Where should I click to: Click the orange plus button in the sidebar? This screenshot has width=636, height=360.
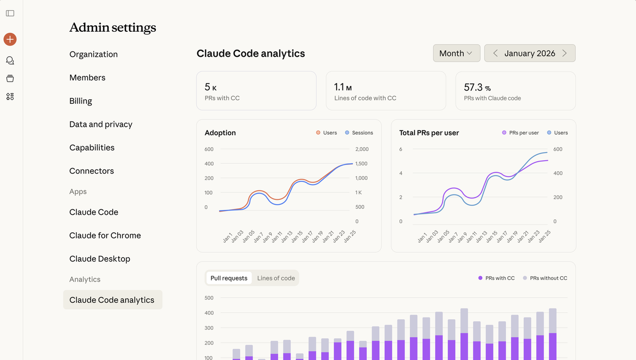click(x=10, y=39)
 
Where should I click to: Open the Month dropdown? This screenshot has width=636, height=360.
click(x=456, y=53)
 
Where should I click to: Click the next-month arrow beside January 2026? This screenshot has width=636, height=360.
click(x=564, y=53)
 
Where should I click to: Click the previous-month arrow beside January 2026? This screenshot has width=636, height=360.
click(x=495, y=53)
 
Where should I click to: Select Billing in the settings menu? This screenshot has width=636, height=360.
click(x=81, y=101)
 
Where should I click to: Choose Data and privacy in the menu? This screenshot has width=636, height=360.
click(x=101, y=124)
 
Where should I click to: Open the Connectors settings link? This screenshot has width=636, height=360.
click(x=91, y=171)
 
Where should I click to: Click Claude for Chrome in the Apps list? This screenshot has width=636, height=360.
click(x=105, y=235)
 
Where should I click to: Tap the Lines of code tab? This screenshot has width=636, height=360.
click(x=276, y=278)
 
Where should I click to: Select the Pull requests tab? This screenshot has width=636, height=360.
click(x=229, y=278)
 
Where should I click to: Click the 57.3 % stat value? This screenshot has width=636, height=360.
click(x=478, y=87)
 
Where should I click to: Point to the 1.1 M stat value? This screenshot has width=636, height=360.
click(x=343, y=87)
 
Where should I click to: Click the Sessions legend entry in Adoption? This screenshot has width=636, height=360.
click(x=359, y=133)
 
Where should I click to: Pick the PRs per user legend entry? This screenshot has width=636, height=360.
click(x=520, y=133)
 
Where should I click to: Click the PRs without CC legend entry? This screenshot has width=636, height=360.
click(x=545, y=278)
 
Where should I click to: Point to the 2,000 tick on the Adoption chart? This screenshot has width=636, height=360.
click(x=362, y=149)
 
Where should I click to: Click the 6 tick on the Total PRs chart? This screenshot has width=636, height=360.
click(x=401, y=149)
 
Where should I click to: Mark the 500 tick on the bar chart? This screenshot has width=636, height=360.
click(x=209, y=298)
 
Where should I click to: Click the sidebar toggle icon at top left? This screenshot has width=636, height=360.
click(x=10, y=13)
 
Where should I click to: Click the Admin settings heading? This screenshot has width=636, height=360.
click(x=113, y=27)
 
